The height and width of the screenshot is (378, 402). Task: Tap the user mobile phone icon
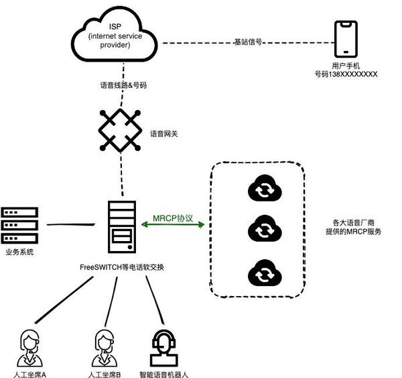[x=346, y=39]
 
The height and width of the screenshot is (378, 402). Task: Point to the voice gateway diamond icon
[x=121, y=130]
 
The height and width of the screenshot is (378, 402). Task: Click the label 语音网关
[x=165, y=134]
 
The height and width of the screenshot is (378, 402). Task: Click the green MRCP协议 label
[x=172, y=218]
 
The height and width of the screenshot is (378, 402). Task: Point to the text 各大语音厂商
[x=353, y=222]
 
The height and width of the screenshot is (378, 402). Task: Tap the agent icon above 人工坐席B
[x=104, y=346]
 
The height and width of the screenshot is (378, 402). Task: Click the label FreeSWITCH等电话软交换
[x=122, y=267]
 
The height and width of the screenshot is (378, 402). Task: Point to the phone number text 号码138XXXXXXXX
[x=346, y=75]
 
